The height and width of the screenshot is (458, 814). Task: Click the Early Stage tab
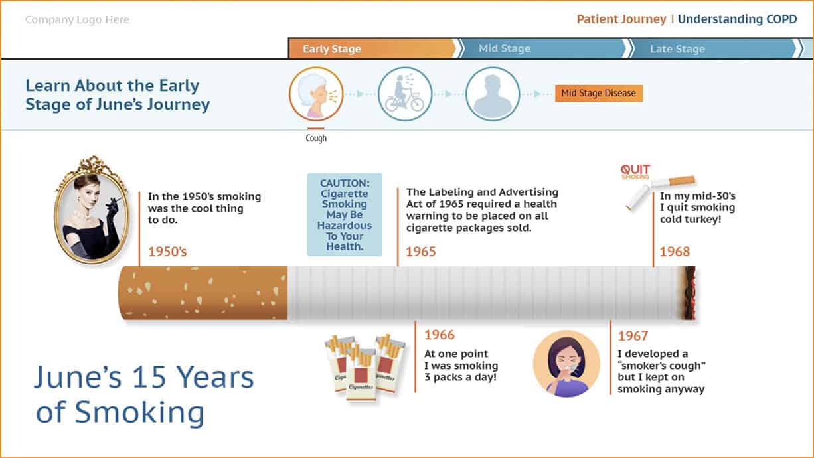click(372, 48)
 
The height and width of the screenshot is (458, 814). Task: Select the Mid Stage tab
click(542, 48)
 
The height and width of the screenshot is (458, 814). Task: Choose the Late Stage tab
click(713, 48)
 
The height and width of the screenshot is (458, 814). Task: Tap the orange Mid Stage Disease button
click(598, 93)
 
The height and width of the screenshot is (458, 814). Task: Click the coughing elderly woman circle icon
click(316, 94)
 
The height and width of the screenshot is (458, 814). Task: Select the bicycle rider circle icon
click(405, 94)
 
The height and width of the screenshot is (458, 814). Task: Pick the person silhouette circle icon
click(493, 94)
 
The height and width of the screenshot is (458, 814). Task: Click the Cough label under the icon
click(316, 138)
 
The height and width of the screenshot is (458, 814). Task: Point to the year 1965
click(420, 252)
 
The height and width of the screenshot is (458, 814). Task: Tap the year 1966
click(440, 335)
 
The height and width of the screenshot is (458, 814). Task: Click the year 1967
click(633, 336)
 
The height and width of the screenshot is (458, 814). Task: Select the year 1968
click(675, 252)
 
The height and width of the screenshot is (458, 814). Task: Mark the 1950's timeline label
click(167, 252)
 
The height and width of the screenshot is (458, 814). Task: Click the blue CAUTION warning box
click(345, 214)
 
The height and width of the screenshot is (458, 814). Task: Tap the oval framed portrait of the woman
click(92, 210)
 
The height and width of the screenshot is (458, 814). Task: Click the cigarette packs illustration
click(365, 368)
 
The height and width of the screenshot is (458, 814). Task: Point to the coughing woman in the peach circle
click(566, 364)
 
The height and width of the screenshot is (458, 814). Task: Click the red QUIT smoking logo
click(635, 171)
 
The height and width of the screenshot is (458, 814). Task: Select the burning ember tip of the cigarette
click(690, 293)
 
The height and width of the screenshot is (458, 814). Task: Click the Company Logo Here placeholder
click(78, 19)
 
